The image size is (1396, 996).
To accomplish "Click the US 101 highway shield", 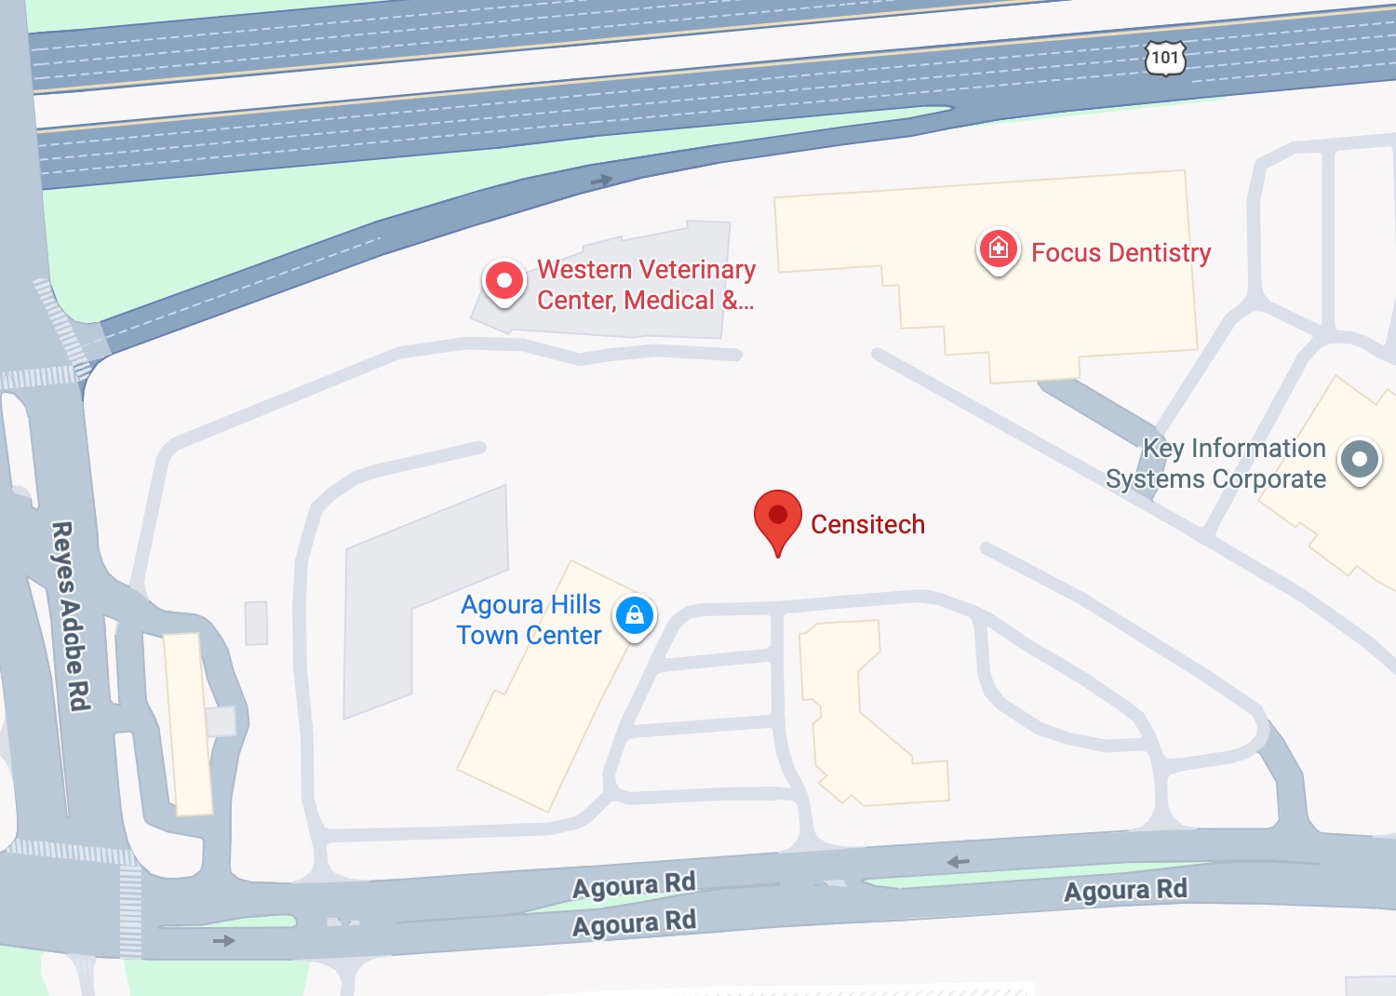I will (1164, 58).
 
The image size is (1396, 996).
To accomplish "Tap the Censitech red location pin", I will (778, 518).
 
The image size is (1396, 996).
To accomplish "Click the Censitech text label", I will (867, 525).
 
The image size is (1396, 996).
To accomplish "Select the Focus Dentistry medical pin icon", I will (998, 249).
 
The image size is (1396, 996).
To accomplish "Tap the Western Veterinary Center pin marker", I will (504, 280).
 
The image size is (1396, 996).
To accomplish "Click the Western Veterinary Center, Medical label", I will (646, 285).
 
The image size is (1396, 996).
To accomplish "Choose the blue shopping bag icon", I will (636, 615).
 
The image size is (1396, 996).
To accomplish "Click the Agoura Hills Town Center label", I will (530, 620).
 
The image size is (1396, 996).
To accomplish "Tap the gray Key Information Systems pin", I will (1360, 459).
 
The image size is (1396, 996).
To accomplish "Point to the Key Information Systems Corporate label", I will (1216, 464).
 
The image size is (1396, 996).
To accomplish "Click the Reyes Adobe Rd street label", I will (70, 615).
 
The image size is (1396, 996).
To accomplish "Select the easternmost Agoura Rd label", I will (1125, 891).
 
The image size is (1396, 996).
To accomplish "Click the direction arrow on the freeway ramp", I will (602, 180).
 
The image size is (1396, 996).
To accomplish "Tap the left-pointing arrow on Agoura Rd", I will (958, 862).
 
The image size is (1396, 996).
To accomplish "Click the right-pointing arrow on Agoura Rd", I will (223, 941).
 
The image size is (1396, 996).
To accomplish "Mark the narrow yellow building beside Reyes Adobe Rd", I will (188, 723).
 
